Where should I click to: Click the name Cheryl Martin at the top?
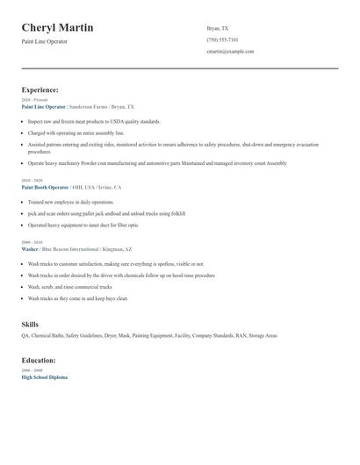click(x=58, y=28)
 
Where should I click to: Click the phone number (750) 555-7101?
click(x=222, y=39)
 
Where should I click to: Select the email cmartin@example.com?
click(x=230, y=52)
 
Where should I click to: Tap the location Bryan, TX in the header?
click(x=218, y=28)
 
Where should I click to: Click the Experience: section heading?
click(x=40, y=89)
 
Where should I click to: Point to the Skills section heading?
click(x=30, y=325)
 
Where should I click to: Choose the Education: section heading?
click(x=39, y=361)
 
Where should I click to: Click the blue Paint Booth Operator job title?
click(x=45, y=188)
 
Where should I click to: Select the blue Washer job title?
click(x=30, y=249)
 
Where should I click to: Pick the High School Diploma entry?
click(x=44, y=377)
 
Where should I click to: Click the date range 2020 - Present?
click(x=34, y=100)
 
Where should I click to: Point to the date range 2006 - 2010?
click(x=31, y=242)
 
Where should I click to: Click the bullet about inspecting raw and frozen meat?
click(x=94, y=121)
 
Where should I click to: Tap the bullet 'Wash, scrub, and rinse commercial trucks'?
click(x=70, y=287)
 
